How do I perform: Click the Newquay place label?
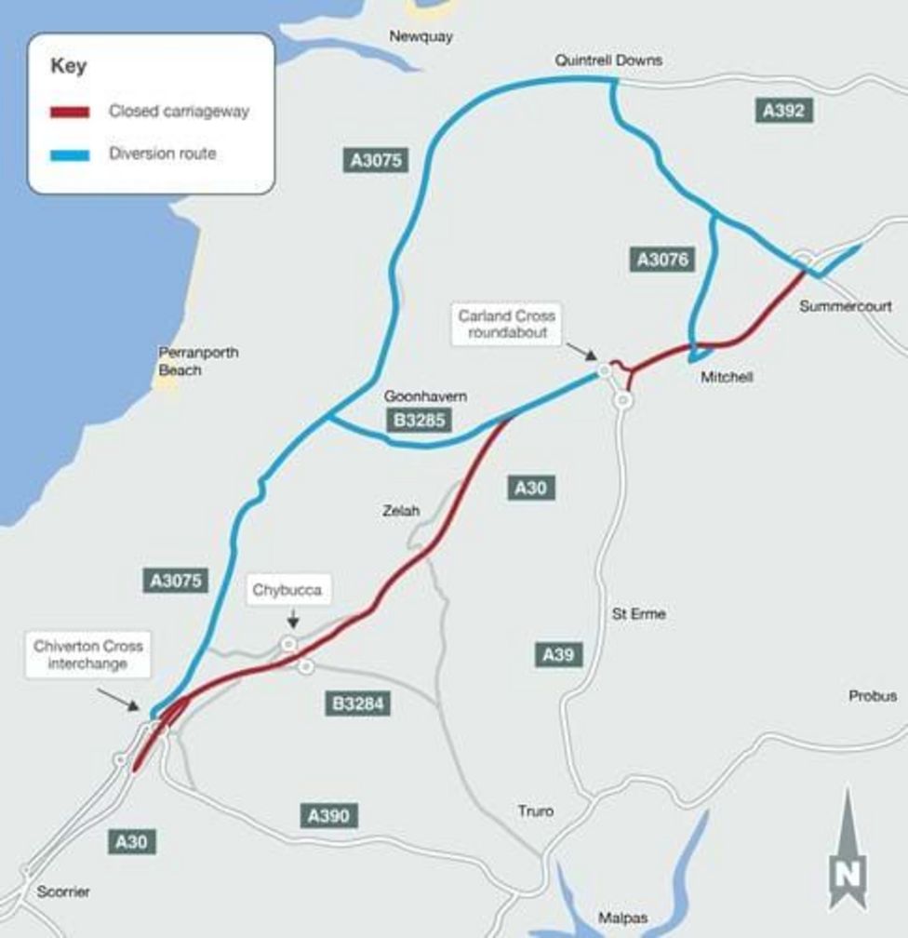[x=421, y=36]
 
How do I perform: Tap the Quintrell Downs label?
[x=608, y=60]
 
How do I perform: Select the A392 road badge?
[x=782, y=111]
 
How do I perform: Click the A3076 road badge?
[x=662, y=260]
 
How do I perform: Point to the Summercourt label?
[x=846, y=306]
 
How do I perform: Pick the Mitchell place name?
[x=727, y=377]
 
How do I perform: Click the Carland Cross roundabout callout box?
[x=506, y=325]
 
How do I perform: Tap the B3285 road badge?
[x=421, y=422]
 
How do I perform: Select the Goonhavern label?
[x=425, y=397]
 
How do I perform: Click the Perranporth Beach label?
[x=198, y=361]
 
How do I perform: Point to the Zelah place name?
[x=401, y=511]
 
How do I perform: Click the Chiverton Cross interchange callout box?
[x=88, y=655]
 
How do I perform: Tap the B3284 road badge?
[x=357, y=703]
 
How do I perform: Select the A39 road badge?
[x=557, y=655]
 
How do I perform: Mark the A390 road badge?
[x=328, y=817]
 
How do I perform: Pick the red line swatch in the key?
[x=70, y=112]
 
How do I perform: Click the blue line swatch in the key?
[x=70, y=154]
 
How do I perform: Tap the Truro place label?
[x=535, y=811]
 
